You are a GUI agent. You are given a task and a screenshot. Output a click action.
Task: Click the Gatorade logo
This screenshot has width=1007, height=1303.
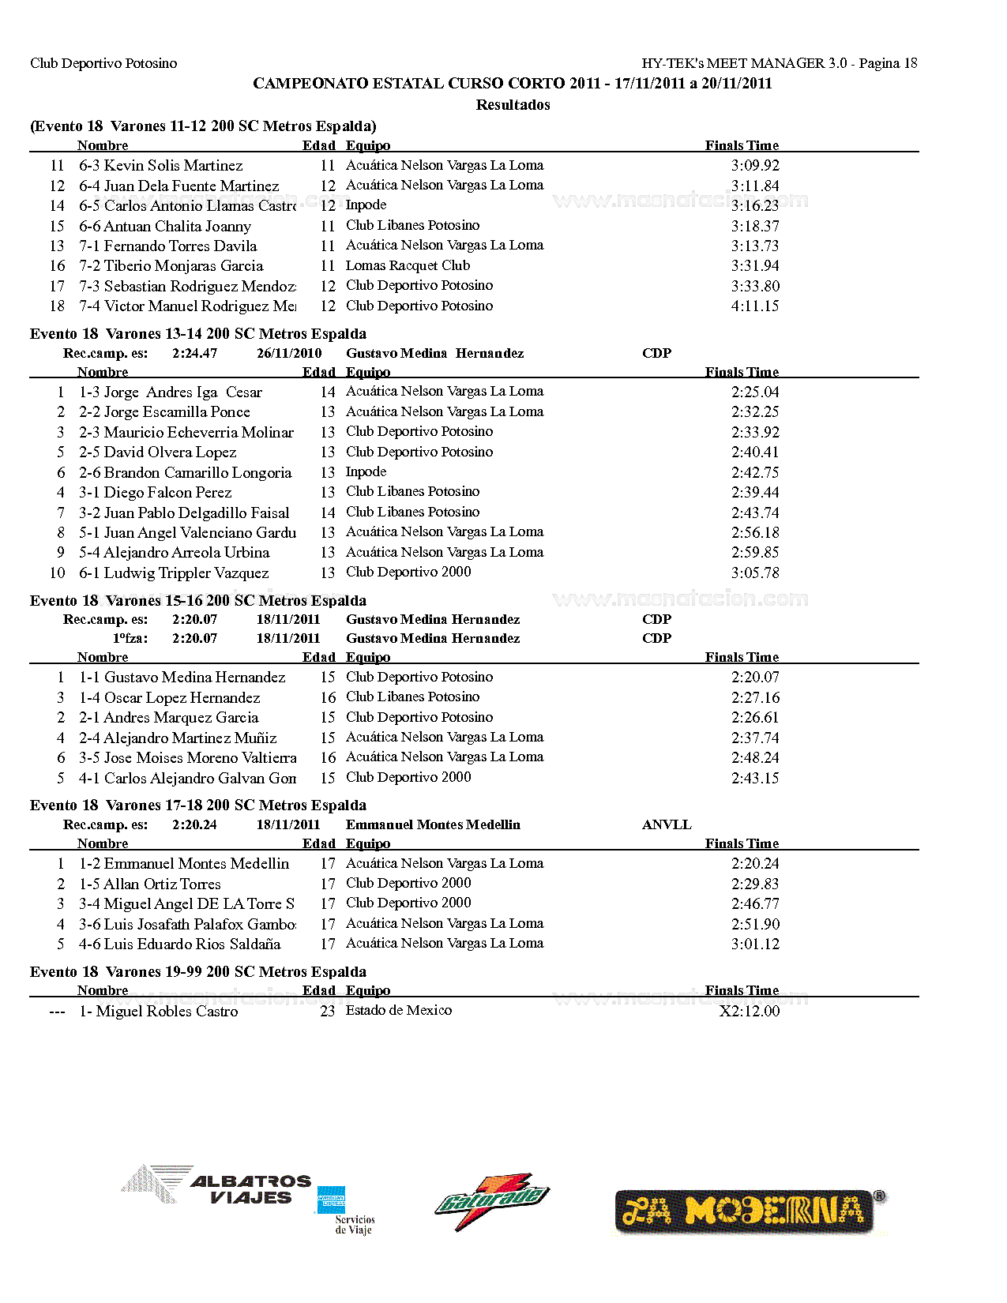coord(491,1201)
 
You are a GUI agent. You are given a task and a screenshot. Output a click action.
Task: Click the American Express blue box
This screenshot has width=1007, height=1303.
coord(331,1200)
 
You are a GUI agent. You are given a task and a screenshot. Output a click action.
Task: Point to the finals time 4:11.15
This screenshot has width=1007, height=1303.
coord(755,306)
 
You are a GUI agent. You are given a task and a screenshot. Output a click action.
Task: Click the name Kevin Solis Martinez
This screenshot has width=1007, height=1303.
coord(173,165)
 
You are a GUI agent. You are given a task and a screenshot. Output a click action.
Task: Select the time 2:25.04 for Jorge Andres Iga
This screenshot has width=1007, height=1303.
coord(755,392)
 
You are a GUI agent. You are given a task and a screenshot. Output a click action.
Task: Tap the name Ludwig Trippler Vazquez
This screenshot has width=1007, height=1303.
coord(186,573)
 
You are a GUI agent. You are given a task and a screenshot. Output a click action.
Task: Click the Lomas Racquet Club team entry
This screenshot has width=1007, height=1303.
coord(408,265)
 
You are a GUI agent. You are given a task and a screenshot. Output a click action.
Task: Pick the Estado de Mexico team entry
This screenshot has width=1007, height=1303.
coord(399,1010)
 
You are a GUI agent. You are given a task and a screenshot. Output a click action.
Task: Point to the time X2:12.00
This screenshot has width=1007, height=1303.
coord(749,1011)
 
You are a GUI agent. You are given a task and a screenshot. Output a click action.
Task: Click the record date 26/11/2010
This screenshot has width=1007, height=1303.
coord(289,353)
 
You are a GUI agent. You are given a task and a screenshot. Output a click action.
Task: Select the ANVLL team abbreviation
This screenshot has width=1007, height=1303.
coord(667,824)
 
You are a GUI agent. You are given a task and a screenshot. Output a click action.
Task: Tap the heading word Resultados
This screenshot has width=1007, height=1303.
coord(513,104)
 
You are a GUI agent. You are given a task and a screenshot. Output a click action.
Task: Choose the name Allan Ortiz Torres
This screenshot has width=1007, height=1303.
coord(162,884)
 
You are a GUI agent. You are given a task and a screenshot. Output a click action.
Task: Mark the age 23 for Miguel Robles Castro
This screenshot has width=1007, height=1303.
coord(327,1011)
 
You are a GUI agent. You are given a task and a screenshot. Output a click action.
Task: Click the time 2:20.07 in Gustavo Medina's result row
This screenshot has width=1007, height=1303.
coord(755,677)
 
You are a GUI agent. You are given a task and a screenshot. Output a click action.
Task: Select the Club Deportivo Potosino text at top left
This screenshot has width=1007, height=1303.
coord(103,63)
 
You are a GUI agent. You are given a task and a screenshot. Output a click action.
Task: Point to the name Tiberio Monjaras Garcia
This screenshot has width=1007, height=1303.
coord(183,265)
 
